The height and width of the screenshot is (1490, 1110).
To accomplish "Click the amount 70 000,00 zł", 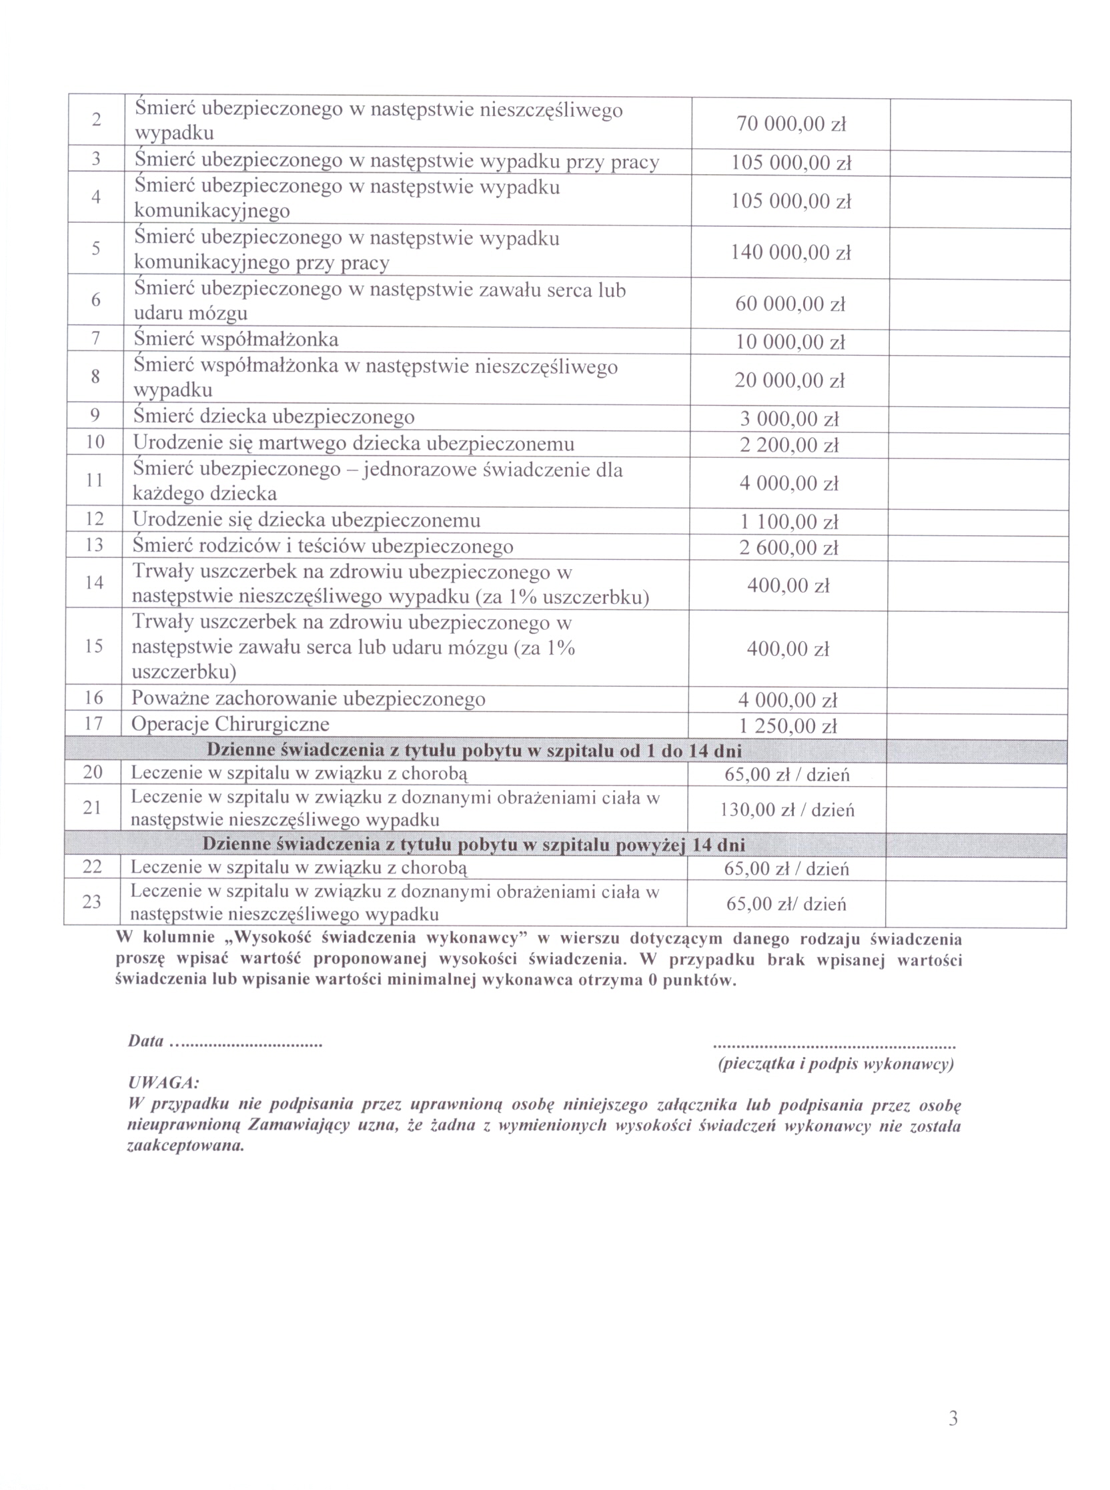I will pos(791,124).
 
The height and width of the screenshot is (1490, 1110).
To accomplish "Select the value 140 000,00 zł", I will pos(791,253).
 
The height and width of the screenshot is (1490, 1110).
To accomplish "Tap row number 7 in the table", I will pos(95,339).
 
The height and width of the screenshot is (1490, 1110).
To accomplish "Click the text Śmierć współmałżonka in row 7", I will pos(236,340).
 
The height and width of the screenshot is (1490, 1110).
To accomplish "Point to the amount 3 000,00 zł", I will pos(790,420).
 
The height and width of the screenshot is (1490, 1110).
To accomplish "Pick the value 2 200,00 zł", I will pos(790,445).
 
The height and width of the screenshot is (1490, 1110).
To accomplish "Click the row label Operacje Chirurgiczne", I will pos(230,725).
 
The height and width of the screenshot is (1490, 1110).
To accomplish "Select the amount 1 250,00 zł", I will pos(788,727).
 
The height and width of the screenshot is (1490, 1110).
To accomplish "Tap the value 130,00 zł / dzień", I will pos(788,811).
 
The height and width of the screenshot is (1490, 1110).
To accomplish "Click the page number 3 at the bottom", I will pos(953,1419).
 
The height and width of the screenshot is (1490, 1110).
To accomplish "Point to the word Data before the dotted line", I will pos(146,1041).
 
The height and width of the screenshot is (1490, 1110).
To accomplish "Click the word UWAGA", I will pos(163,1083).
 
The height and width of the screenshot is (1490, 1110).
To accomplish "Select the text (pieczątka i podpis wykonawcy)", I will pos(836,1064).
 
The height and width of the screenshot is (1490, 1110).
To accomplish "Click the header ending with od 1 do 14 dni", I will pos(474,751).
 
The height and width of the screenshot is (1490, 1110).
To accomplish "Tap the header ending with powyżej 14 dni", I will pos(474,845).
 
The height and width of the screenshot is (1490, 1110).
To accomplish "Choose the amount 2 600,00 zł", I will pos(789,548).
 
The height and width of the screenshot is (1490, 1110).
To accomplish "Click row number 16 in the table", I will pos(93,698).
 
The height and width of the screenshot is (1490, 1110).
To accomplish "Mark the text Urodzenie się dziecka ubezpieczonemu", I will pos(306,520).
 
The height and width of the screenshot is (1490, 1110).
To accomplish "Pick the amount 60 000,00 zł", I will pos(790,304).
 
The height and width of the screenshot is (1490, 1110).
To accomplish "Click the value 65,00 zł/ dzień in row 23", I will pos(786,905).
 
